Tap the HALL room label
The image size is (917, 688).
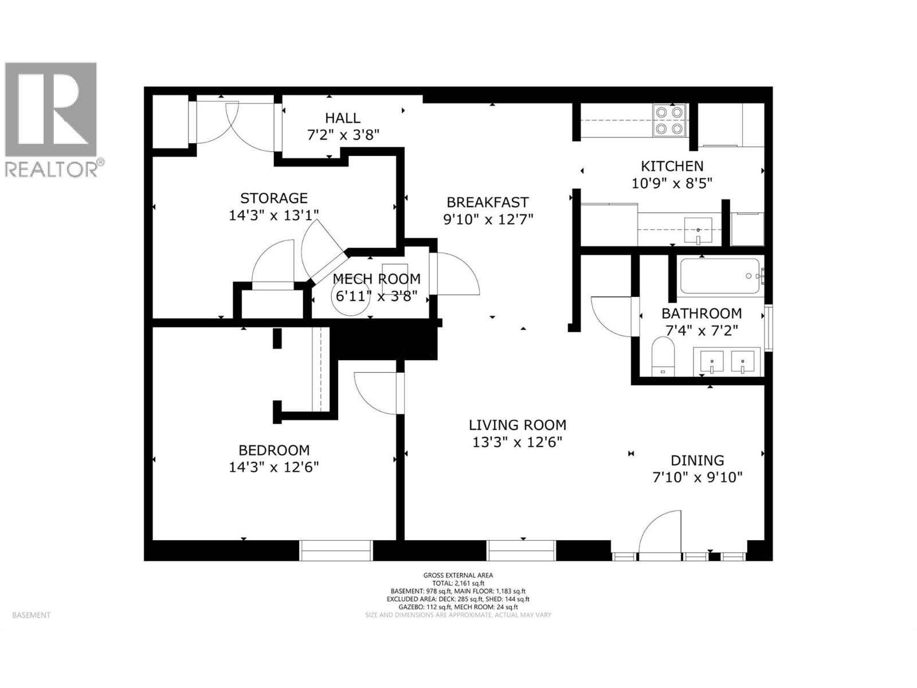pos(343,118)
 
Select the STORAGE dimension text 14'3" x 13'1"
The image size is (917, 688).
pos(273,215)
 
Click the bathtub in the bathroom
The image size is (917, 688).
pos(720,276)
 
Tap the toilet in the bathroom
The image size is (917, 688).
pos(664,355)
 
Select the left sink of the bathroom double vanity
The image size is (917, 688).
pos(711,361)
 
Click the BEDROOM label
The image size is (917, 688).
pos(274,451)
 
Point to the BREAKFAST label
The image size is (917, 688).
pos(487,202)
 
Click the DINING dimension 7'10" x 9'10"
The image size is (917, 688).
pos(697,477)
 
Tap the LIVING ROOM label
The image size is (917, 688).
pos(517,425)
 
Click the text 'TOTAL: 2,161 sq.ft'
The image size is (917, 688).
pos(458,583)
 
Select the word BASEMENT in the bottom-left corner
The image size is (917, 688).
pos(31,615)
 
